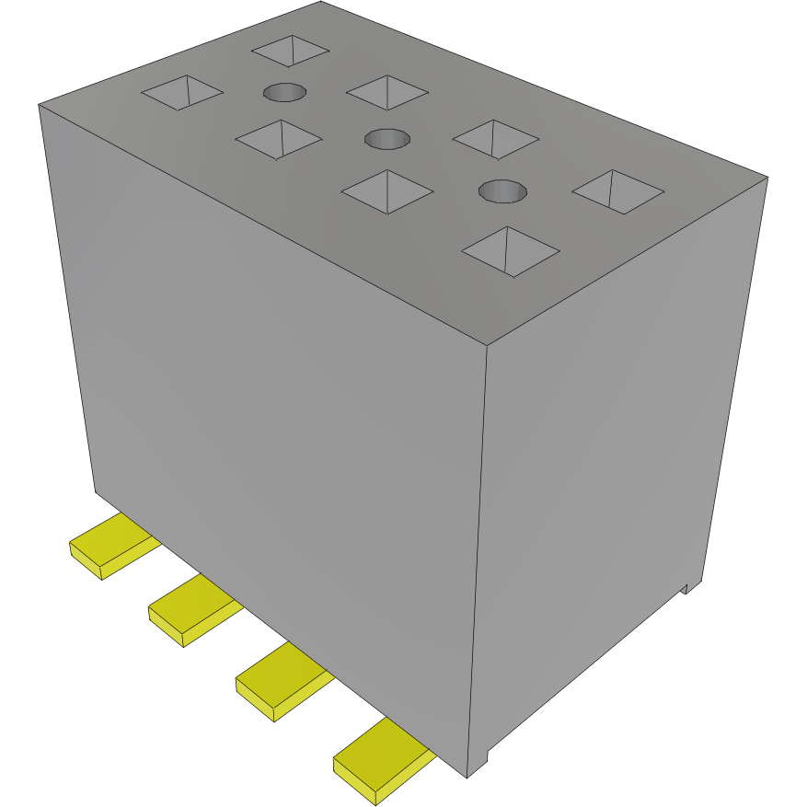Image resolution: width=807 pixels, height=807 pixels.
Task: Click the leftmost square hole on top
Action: coord(182,91)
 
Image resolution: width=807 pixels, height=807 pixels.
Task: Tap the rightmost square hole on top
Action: coord(617,191)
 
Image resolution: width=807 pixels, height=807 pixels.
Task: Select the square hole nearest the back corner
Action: coord(291,51)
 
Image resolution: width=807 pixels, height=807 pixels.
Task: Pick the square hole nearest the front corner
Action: coord(512,250)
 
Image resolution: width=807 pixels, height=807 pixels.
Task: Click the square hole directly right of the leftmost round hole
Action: coord(387,92)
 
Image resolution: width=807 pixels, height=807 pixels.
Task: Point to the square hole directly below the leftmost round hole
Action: coord(279,139)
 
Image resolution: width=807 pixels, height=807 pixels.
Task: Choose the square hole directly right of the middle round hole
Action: coord(496,138)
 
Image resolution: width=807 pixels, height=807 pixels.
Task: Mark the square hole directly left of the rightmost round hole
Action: coord(387,191)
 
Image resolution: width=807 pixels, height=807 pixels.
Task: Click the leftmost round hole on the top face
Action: coord(284,92)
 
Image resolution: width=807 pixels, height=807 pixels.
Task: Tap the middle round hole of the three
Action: coord(387,139)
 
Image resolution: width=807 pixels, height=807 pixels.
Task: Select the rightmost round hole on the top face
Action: coord(503,190)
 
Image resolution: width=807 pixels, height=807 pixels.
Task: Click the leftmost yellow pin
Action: coord(111,545)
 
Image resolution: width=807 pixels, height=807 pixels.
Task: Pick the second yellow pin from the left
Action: coord(192,610)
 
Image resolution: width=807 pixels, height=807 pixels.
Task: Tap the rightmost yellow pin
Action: coord(380,759)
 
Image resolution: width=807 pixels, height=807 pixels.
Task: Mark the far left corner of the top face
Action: coord(39,105)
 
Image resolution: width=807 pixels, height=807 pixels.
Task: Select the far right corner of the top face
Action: coord(767,178)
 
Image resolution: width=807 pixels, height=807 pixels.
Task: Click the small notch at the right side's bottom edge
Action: coord(686,587)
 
